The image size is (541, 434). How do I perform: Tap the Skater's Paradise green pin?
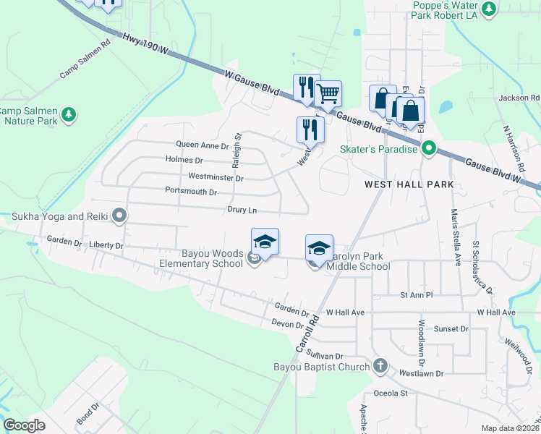pyautogui.click(x=428, y=149)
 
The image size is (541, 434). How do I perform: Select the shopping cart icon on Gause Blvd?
pyautogui.click(x=328, y=93)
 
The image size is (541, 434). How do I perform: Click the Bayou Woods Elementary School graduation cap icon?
pyautogui.click(x=265, y=242)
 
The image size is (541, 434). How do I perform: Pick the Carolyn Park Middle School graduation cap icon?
pyautogui.click(x=319, y=247)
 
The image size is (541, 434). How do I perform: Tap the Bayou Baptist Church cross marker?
pyautogui.click(x=381, y=366)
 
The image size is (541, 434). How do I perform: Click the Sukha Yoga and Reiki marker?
pyautogui.click(x=120, y=216)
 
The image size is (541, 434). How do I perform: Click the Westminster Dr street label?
pyautogui.click(x=216, y=176)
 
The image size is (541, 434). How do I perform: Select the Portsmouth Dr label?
pyautogui.click(x=191, y=192)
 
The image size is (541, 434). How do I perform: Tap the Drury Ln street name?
pyautogui.click(x=242, y=210)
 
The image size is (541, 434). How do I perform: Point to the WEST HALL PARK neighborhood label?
pyautogui.click(x=409, y=184)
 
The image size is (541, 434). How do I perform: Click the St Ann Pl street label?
pyautogui.click(x=415, y=295)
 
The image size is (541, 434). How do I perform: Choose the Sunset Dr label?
pyautogui.click(x=451, y=328)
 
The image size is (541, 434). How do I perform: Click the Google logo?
pyautogui.click(x=25, y=425)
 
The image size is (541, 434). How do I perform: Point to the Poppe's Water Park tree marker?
pyautogui.click(x=490, y=9)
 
